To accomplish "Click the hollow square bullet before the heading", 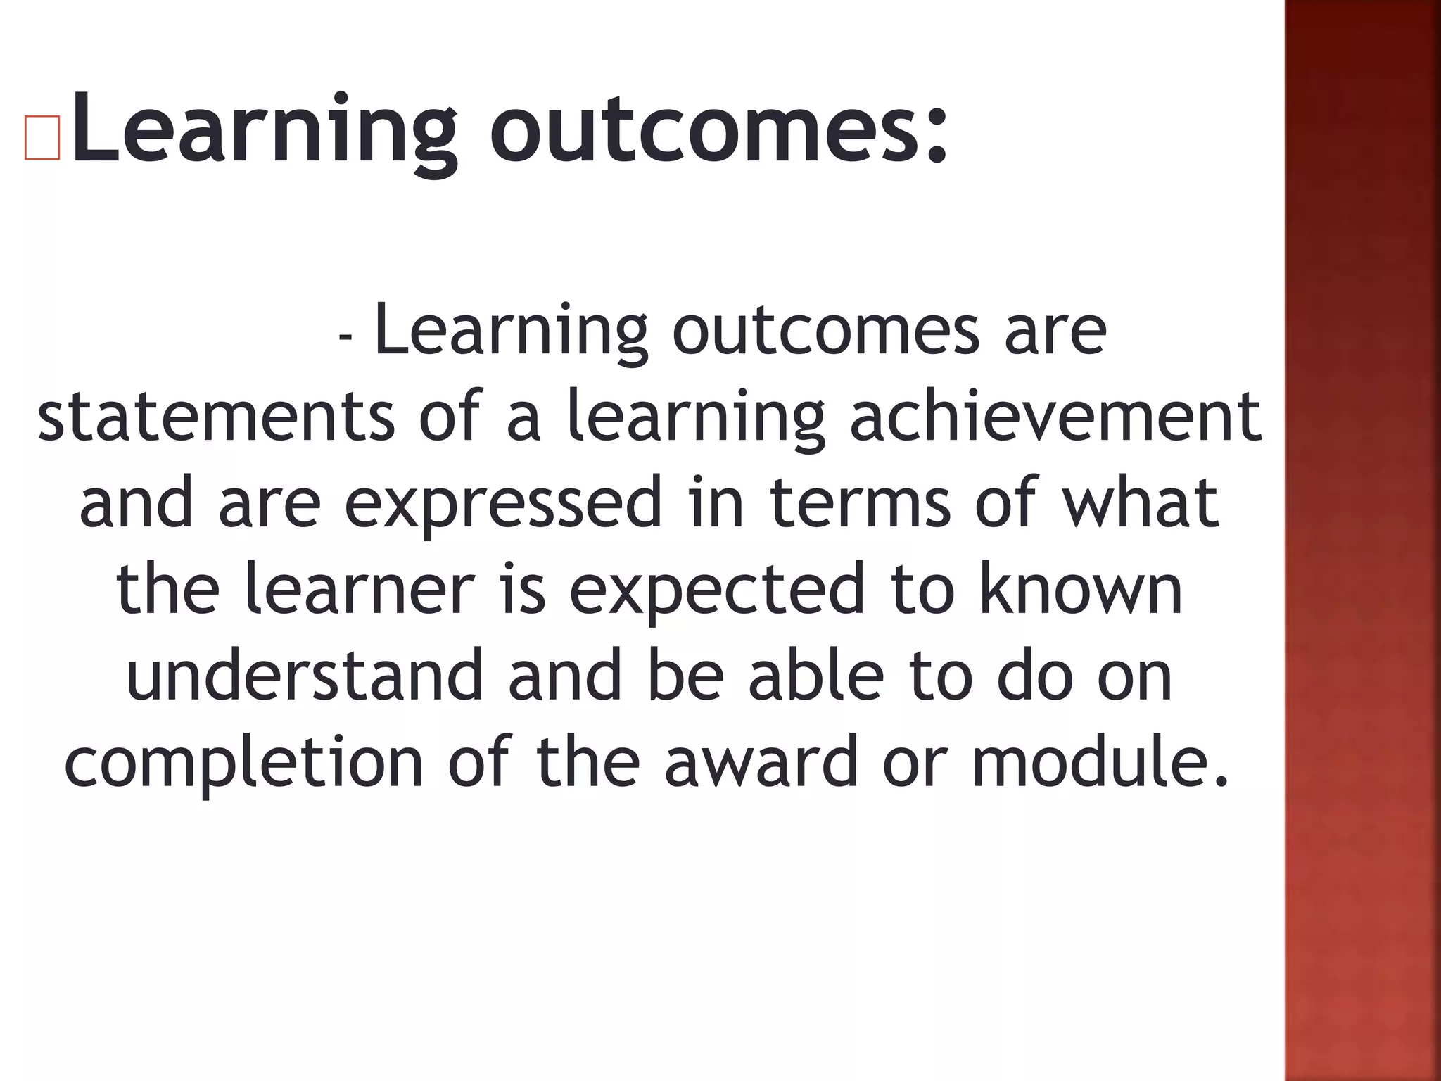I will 42,136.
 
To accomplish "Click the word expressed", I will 502,503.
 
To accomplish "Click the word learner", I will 360,589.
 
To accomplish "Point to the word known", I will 1081,589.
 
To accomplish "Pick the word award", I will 761,762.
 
